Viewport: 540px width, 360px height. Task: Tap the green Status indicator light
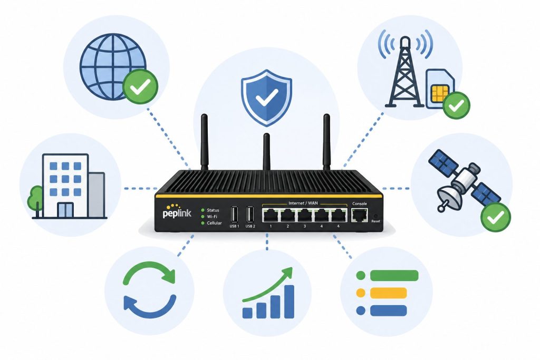click(x=203, y=210)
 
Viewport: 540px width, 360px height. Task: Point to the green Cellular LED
click(x=203, y=223)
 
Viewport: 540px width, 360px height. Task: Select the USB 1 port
click(x=235, y=215)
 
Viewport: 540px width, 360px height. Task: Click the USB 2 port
click(x=250, y=215)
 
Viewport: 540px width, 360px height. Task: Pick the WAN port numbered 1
click(x=271, y=215)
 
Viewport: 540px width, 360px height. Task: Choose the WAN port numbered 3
click(x=304, y=215)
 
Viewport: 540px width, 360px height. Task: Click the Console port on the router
click(x=360, y=215)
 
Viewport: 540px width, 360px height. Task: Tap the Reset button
click(x=375, y=217)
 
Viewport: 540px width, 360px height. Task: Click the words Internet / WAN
click(x=303, y=203)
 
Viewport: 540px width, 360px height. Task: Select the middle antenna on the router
click(x=266, y=152)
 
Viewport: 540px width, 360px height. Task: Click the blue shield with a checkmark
click(x=266, y=98)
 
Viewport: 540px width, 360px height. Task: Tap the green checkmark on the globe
click(x=140, y=86)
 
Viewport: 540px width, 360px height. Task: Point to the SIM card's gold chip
click(x=440, y=94)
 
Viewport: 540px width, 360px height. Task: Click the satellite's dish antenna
click(x=449, y=197)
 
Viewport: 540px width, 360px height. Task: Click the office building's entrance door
click(x=65, y=210)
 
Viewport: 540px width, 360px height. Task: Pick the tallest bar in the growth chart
click(x=290, y=301)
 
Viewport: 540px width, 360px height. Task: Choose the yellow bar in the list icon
click(x=389, y=293)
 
